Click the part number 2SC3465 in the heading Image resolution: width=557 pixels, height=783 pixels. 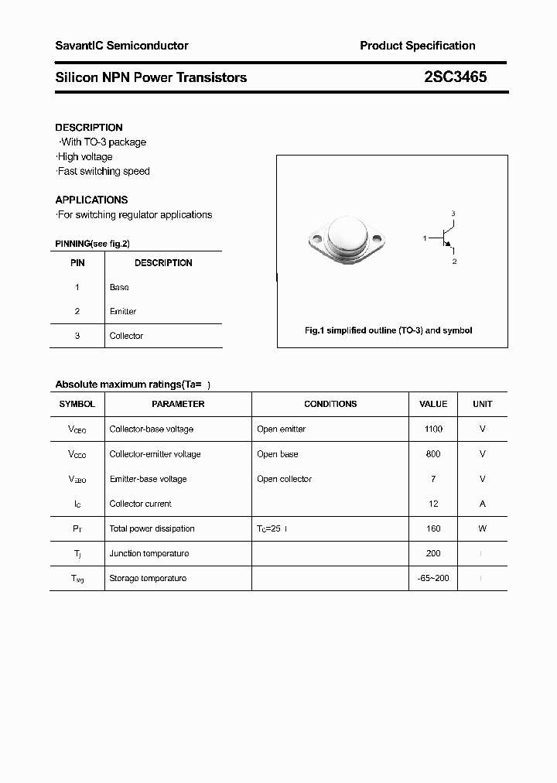455,77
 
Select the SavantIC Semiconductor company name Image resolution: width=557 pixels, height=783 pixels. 121,46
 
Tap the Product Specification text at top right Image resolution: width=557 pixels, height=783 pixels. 417,46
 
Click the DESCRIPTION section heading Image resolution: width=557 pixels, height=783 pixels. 89,128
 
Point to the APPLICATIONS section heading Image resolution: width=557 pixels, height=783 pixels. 91,200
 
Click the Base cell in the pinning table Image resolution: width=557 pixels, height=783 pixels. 119,287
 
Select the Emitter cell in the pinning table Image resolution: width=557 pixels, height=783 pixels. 123,311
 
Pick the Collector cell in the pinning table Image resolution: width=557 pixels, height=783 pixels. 126,336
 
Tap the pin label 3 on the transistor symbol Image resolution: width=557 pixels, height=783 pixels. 453,213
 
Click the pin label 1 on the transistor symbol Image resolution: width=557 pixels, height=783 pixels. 425,238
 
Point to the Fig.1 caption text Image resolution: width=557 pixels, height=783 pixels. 388,330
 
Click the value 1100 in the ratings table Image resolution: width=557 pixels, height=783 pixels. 433,429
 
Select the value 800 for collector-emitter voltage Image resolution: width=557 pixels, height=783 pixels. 433,454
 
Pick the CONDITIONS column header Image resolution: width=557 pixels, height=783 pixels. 330,404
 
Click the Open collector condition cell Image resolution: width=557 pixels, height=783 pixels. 285,479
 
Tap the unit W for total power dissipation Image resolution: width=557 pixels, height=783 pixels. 482,528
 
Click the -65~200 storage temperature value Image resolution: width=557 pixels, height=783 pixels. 433,578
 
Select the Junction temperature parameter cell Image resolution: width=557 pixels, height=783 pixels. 149,553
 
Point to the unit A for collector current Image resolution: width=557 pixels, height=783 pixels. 482,504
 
